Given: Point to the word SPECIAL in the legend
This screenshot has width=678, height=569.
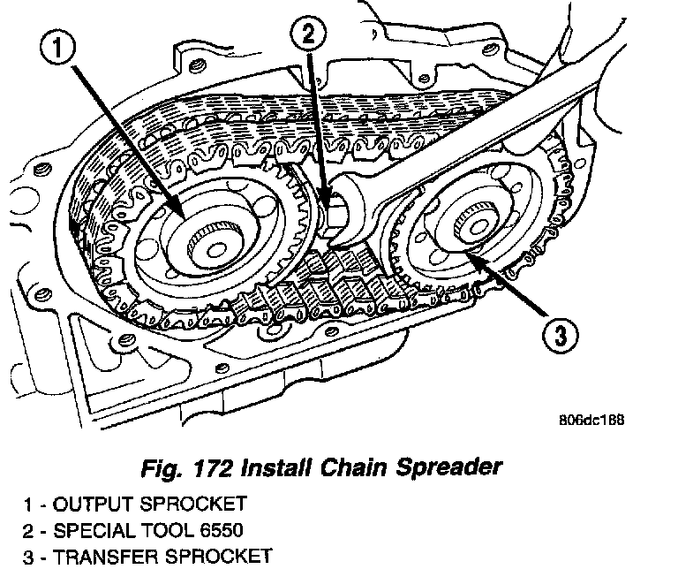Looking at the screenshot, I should tap(94, 531).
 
